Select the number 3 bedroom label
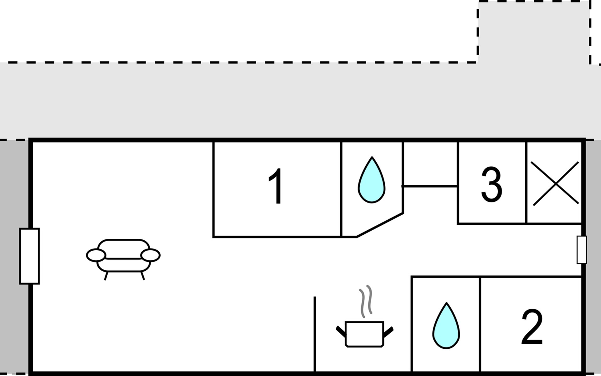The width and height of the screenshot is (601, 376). [x=491, y=185]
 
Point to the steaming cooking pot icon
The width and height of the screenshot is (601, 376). [x=365, y=333]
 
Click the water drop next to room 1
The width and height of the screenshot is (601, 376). [x=372, y=181]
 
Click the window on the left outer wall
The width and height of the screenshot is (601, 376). [x=29, y=256]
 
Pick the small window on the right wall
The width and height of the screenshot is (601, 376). [x=582, y=250]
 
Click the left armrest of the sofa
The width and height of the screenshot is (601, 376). [x=96, y=255]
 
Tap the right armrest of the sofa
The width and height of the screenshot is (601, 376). [x=151, y=255]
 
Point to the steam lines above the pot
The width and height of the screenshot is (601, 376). [x=366, y=301]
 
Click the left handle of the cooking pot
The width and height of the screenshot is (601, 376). [x=341, y=332]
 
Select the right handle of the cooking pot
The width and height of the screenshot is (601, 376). [x=388, y=332]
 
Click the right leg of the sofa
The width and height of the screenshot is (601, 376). [x=143, y=276]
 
